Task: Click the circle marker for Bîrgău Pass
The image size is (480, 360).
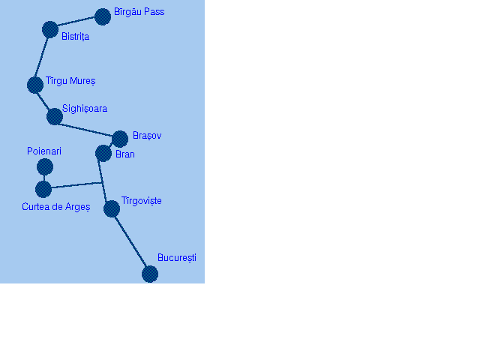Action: coord(103,16)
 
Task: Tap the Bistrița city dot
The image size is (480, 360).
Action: coord(50,29)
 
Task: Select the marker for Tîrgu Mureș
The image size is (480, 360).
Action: coord(35,85)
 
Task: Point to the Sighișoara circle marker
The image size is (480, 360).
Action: coord(55,116)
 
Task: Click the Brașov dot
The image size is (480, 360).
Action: coord(120,139)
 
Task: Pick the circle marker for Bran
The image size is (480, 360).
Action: coord(103,153)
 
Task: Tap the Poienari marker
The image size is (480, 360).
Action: coord(45,166)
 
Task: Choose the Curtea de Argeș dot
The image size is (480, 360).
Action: coord(43,189)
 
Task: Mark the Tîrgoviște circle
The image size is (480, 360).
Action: coord(112,208)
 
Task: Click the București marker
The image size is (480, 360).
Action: coord(150,274)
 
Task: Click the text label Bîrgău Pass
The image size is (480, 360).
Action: coord(139,12)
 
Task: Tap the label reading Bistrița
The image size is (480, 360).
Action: coord(75,37)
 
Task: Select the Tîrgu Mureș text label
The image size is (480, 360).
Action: coord(70,81)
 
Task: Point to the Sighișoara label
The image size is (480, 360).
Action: coord(85,109)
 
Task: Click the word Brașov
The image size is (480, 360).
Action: coord(147,136)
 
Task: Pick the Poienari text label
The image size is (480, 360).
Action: coord(44,151)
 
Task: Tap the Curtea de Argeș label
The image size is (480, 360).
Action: coord(55,207)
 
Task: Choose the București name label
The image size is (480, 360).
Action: coord(177,258)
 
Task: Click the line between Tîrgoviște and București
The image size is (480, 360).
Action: coord(131,241)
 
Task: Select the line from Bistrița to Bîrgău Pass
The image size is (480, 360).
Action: coord(76,22)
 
